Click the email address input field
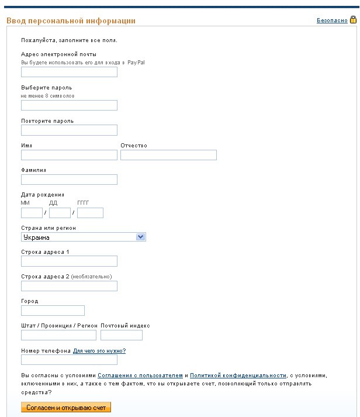pyautogui.click(x=69, y=72)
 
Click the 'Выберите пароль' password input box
pyautogui.click(x=69, y=105)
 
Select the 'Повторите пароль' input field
pyautogui.click(x=69, y=130)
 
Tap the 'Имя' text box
pyautogui.click(x=69, y=155)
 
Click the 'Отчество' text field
pyautogui.click(x=168, y=155)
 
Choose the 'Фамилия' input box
pyautogui.click(x=69, y=180)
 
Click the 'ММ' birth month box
pyautogui.click(x=32, y=213)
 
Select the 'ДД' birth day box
pyautogui.click(x=60, y=213)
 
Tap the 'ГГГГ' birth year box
pyautogui.click(x=90, y=213)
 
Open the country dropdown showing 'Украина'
pyautogui.click(x=83, y=237)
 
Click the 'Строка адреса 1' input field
pyautogui.click(x=69, y=261)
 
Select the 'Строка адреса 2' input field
pyautogui.click(x=69, y=286)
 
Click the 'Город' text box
pyautogui.click(x=53, y=311)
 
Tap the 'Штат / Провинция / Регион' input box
pyautogui.click(x=58, y=335)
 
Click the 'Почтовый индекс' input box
pyautogui.click(x=122, y=335)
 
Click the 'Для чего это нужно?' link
pyautogui.click(x=99, y=351)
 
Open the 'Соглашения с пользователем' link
pyautogui.click(x=140, y=375)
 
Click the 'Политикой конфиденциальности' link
pyautogui.click(x=238, y=375)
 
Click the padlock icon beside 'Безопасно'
pyautogui.click(x=353, y=20)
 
